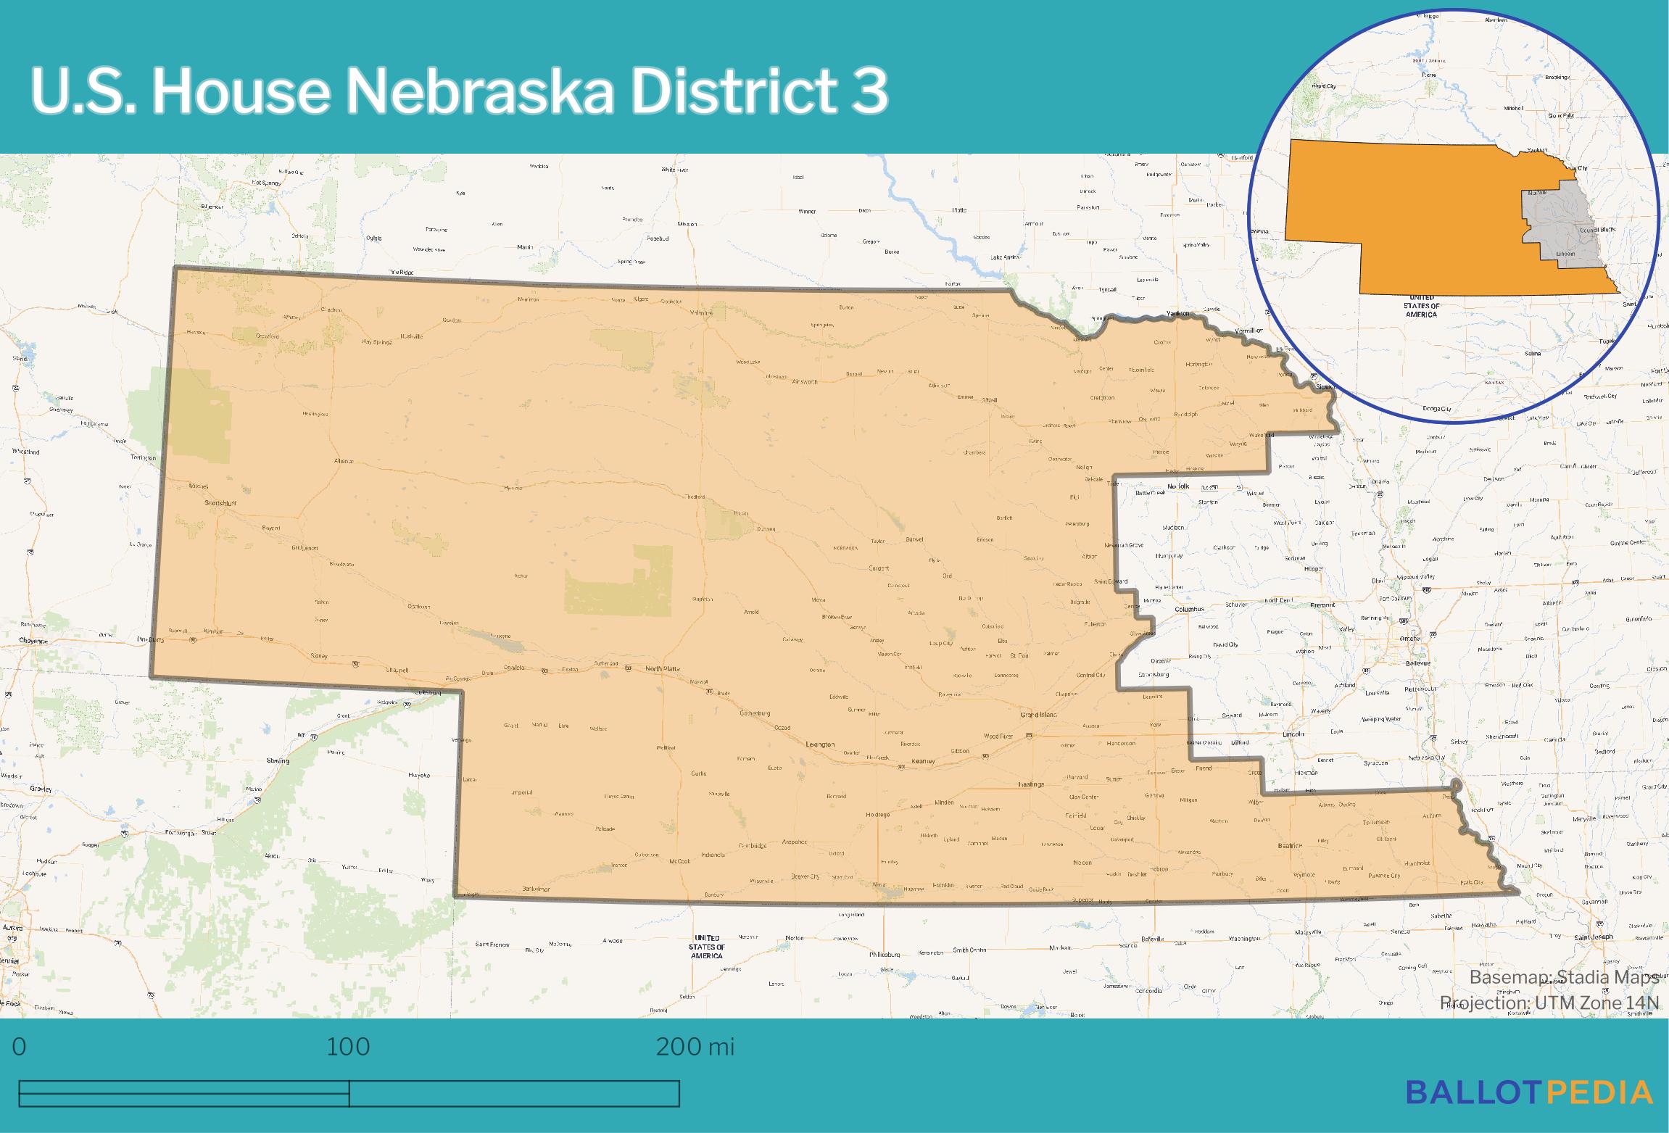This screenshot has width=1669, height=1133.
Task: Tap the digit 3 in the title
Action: coord(870,92)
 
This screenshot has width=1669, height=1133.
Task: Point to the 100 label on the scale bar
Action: coord(348,1047)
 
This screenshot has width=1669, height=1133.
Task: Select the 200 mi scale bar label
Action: coord(695,1047)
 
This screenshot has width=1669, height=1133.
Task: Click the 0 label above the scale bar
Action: coord(20,1047)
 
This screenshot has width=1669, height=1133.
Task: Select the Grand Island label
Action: coord(1038,715)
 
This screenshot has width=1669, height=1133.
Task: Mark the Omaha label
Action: coord(1411,638)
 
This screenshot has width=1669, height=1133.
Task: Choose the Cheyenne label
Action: coord(33,641)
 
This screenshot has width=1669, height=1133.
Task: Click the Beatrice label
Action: coord(1290,845)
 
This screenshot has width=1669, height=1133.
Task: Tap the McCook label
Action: coord(679,861)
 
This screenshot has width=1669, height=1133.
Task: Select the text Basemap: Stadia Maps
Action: coord(1563,977)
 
